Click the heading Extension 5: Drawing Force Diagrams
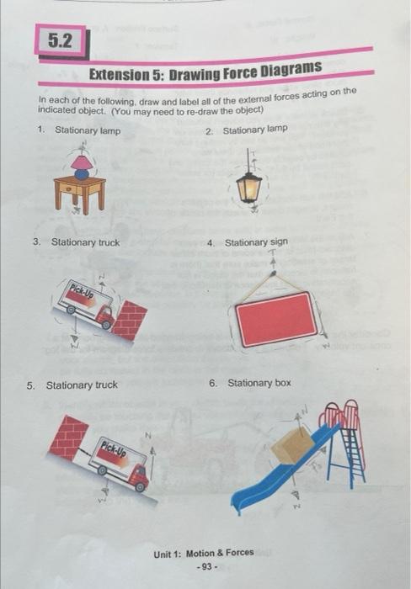[x=205, y=72]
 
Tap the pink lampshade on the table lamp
[x=82, y=161]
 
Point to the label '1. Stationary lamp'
[x=80, y=130]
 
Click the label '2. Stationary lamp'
[x=247, y=129]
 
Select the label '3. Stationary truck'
[x=77, y=242]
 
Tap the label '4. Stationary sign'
[x=247, y=242]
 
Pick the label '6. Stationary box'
[x=250, y=383]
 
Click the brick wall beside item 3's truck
[x=130, y=321]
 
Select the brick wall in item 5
[x=68, y=437]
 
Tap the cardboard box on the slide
[x=292, y=445]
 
